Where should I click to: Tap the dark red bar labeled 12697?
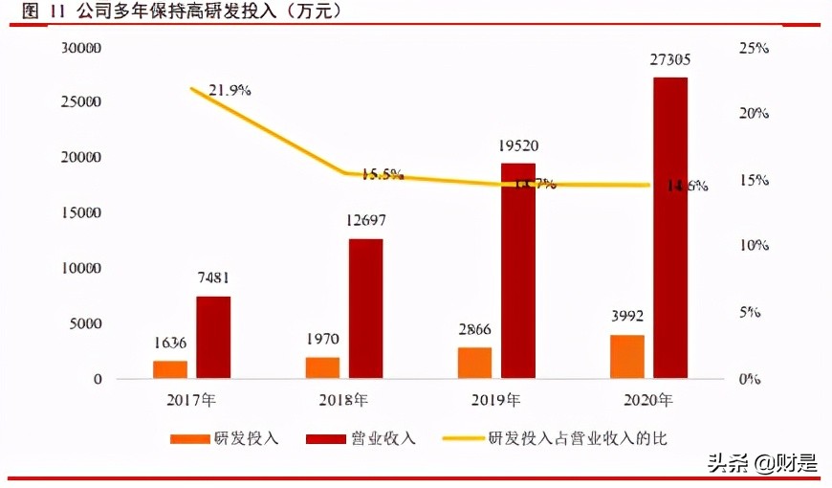(x=365, y=308)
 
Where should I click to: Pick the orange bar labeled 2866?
(x=474, y=363)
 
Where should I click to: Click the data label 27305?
(x=670, y=59)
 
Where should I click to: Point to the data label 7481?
(x=212, y=278)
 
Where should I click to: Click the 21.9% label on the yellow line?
(x=229, y=90)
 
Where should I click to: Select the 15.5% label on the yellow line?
(x=382, y=174)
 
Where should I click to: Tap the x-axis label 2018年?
(x=344, y=399)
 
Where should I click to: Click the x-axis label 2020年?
(x=648, y=399)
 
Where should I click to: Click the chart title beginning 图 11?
(x=182, y=11)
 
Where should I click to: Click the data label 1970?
(x=322, y=339)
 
